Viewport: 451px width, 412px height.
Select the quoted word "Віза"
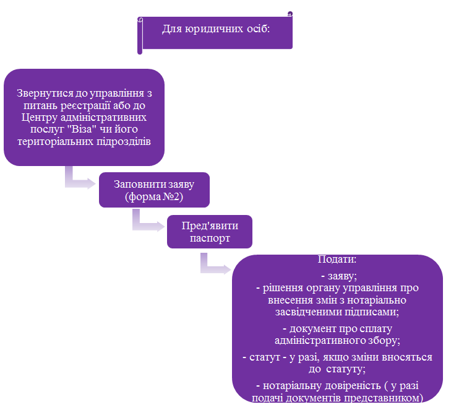pyautogui.click(x=82, y=129)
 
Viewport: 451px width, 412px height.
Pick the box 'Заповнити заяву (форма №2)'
pyautogui.click(x=154, y=190)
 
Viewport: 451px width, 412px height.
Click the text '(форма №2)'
pyautogui.click(x=154, y=196)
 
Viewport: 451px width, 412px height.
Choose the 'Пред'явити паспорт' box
pyautogui.click(x=210, y=232)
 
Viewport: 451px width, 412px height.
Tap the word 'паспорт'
pyautogui.click(x=210, y=239)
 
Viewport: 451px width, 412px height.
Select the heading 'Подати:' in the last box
pyautogui.click(x=337, y=260)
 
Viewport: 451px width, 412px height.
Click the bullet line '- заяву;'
pyautogui.click(x=339, y=276)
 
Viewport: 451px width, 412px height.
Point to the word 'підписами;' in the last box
pyautogui.click(x=372, y=312)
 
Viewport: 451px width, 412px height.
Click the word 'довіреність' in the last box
pyautogui.click(x=353, y=386)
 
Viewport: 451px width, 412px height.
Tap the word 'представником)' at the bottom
pyautogui.click(x=384, y=398)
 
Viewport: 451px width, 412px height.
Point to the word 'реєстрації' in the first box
pyautogui.click(x=85, y=106)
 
